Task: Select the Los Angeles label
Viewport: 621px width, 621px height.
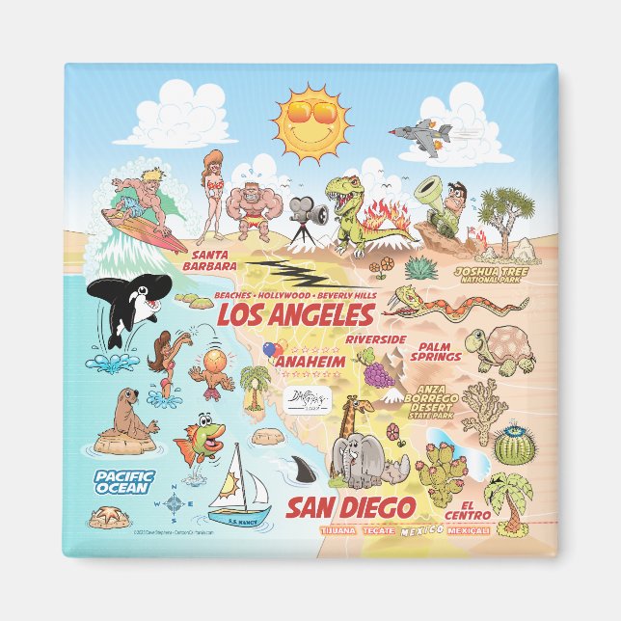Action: click(294, 315)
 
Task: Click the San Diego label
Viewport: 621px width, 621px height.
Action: click(352, 507)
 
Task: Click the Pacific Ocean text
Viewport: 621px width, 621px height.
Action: click(121, 481)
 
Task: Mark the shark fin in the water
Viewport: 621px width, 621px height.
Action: click(296, 470)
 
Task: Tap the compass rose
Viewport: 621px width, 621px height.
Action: click(175, 501)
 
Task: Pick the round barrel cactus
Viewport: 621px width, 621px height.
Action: click(513, 445)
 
